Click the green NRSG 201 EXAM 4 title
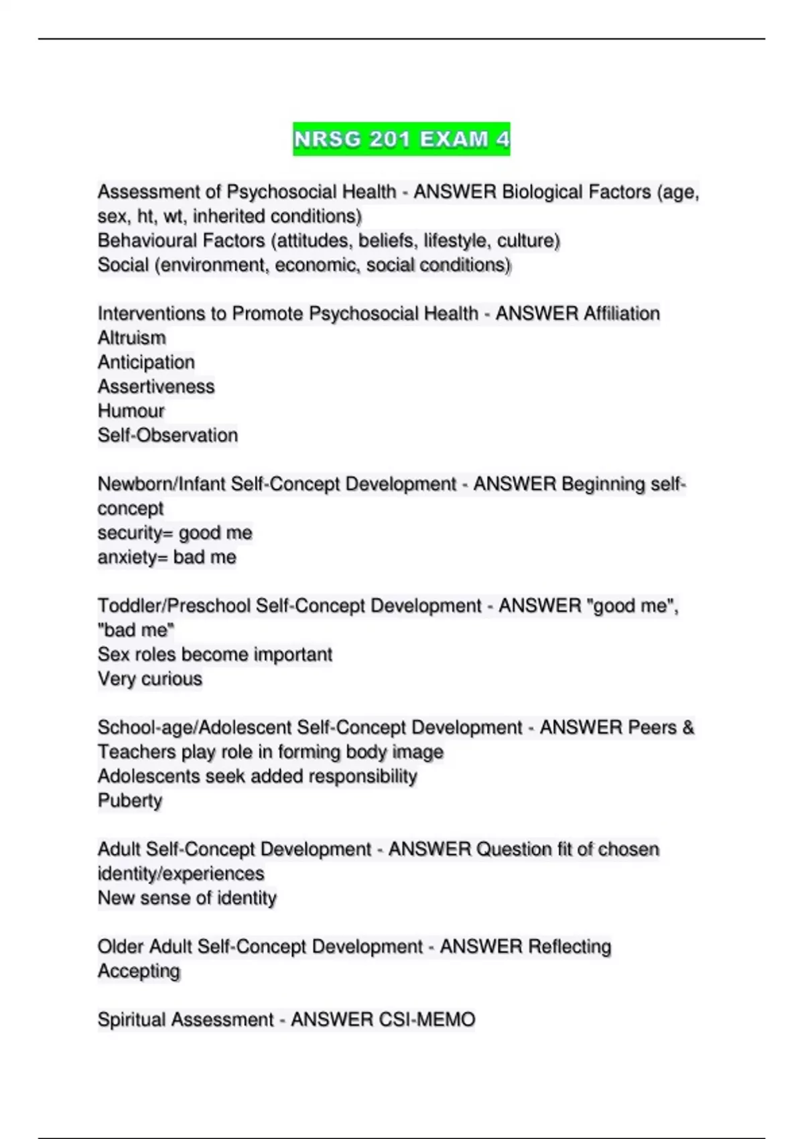[x=401, y=139]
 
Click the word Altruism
[x=131, y=338]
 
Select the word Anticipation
[x=146, y=362]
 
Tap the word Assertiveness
[x=156, y=387]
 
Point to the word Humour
[x=131, y=411]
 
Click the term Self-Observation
[x=167, y=435]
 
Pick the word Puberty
[x=130, y=801]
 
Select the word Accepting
[x=139, y=971]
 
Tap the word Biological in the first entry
[x=543, y=192]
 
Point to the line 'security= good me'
[x=175, y=533]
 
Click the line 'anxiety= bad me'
[x=167, y=557]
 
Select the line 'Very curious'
[x=150, y=679]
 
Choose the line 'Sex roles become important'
[x=215, y=655]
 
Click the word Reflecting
[x=569, y=947]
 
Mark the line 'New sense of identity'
[x=187, y=898]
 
